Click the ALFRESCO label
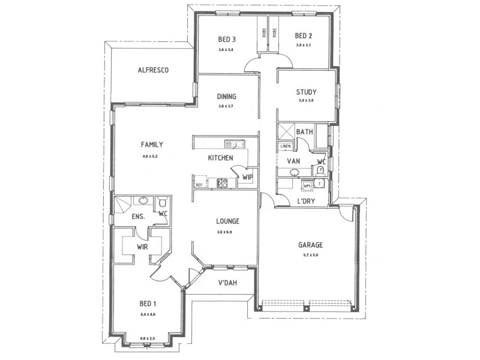tap(153, 70)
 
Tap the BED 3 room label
tap(226, 40)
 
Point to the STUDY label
tap(306, 92)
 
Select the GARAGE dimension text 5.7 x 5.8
tap(311, 255)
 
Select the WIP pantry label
tap(247, 178)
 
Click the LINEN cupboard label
tap(285, 146)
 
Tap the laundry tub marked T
tap(320, 184)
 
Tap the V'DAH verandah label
tap(226, 283)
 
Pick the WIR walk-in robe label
tap(142, 247)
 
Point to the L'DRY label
tap(306, 201)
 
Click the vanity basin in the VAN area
tap(295, 173)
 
